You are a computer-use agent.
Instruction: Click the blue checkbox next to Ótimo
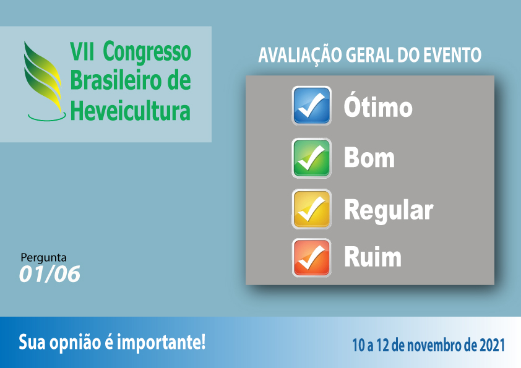(311, 106)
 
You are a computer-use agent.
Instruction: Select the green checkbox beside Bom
(311, 158)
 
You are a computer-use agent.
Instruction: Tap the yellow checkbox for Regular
(311, 209)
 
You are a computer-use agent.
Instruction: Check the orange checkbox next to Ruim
(311, 258)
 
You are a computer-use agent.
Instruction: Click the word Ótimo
(378, 106)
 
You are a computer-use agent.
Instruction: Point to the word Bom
(369, 158)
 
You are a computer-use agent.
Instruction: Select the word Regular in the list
(389, 210)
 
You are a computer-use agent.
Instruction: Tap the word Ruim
(372, 257)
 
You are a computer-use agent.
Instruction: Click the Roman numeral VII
(82, 51)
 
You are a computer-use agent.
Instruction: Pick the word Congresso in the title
(147, 53)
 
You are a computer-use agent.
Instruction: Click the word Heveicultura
(130, 110)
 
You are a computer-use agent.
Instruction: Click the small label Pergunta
(43, 258)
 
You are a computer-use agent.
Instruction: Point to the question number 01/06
(50, 275)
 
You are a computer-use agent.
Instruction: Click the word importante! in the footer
(161, 343)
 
